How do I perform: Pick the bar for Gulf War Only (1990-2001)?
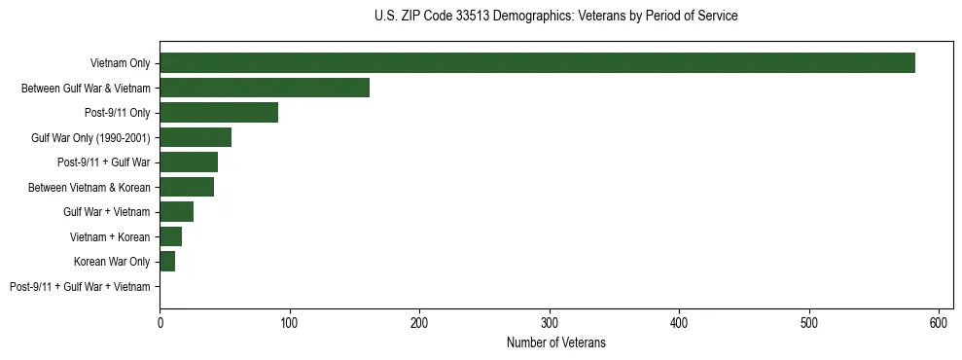pyautogui.click(x=196, y=137)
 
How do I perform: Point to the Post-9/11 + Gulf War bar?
pyautogui.click(x=189, y=162)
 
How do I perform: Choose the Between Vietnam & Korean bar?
pyautogui.click(x=187, y=187)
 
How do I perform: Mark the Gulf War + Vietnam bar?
pyautogui.click(x=176, y=211)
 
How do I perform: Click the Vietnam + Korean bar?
pyautogui.click(x=170, y=236)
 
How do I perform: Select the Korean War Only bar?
pyautogui.click(x=167, y=261)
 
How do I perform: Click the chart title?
pyautogui.click(x=555, y=16)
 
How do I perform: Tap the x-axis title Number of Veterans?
pyautogui.click(x=555, y=342)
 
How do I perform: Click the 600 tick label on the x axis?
pyautogui.click(x=940, y=322)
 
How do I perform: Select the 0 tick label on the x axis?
pyautogui.click(x=160, y=322)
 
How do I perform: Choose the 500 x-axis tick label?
pyautogui.click(x=809, y=322)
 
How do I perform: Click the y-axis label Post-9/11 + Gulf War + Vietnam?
pyautogui.click(x=80, y=286)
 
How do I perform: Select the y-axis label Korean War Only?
pyautogui.click(x=112, y=261)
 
